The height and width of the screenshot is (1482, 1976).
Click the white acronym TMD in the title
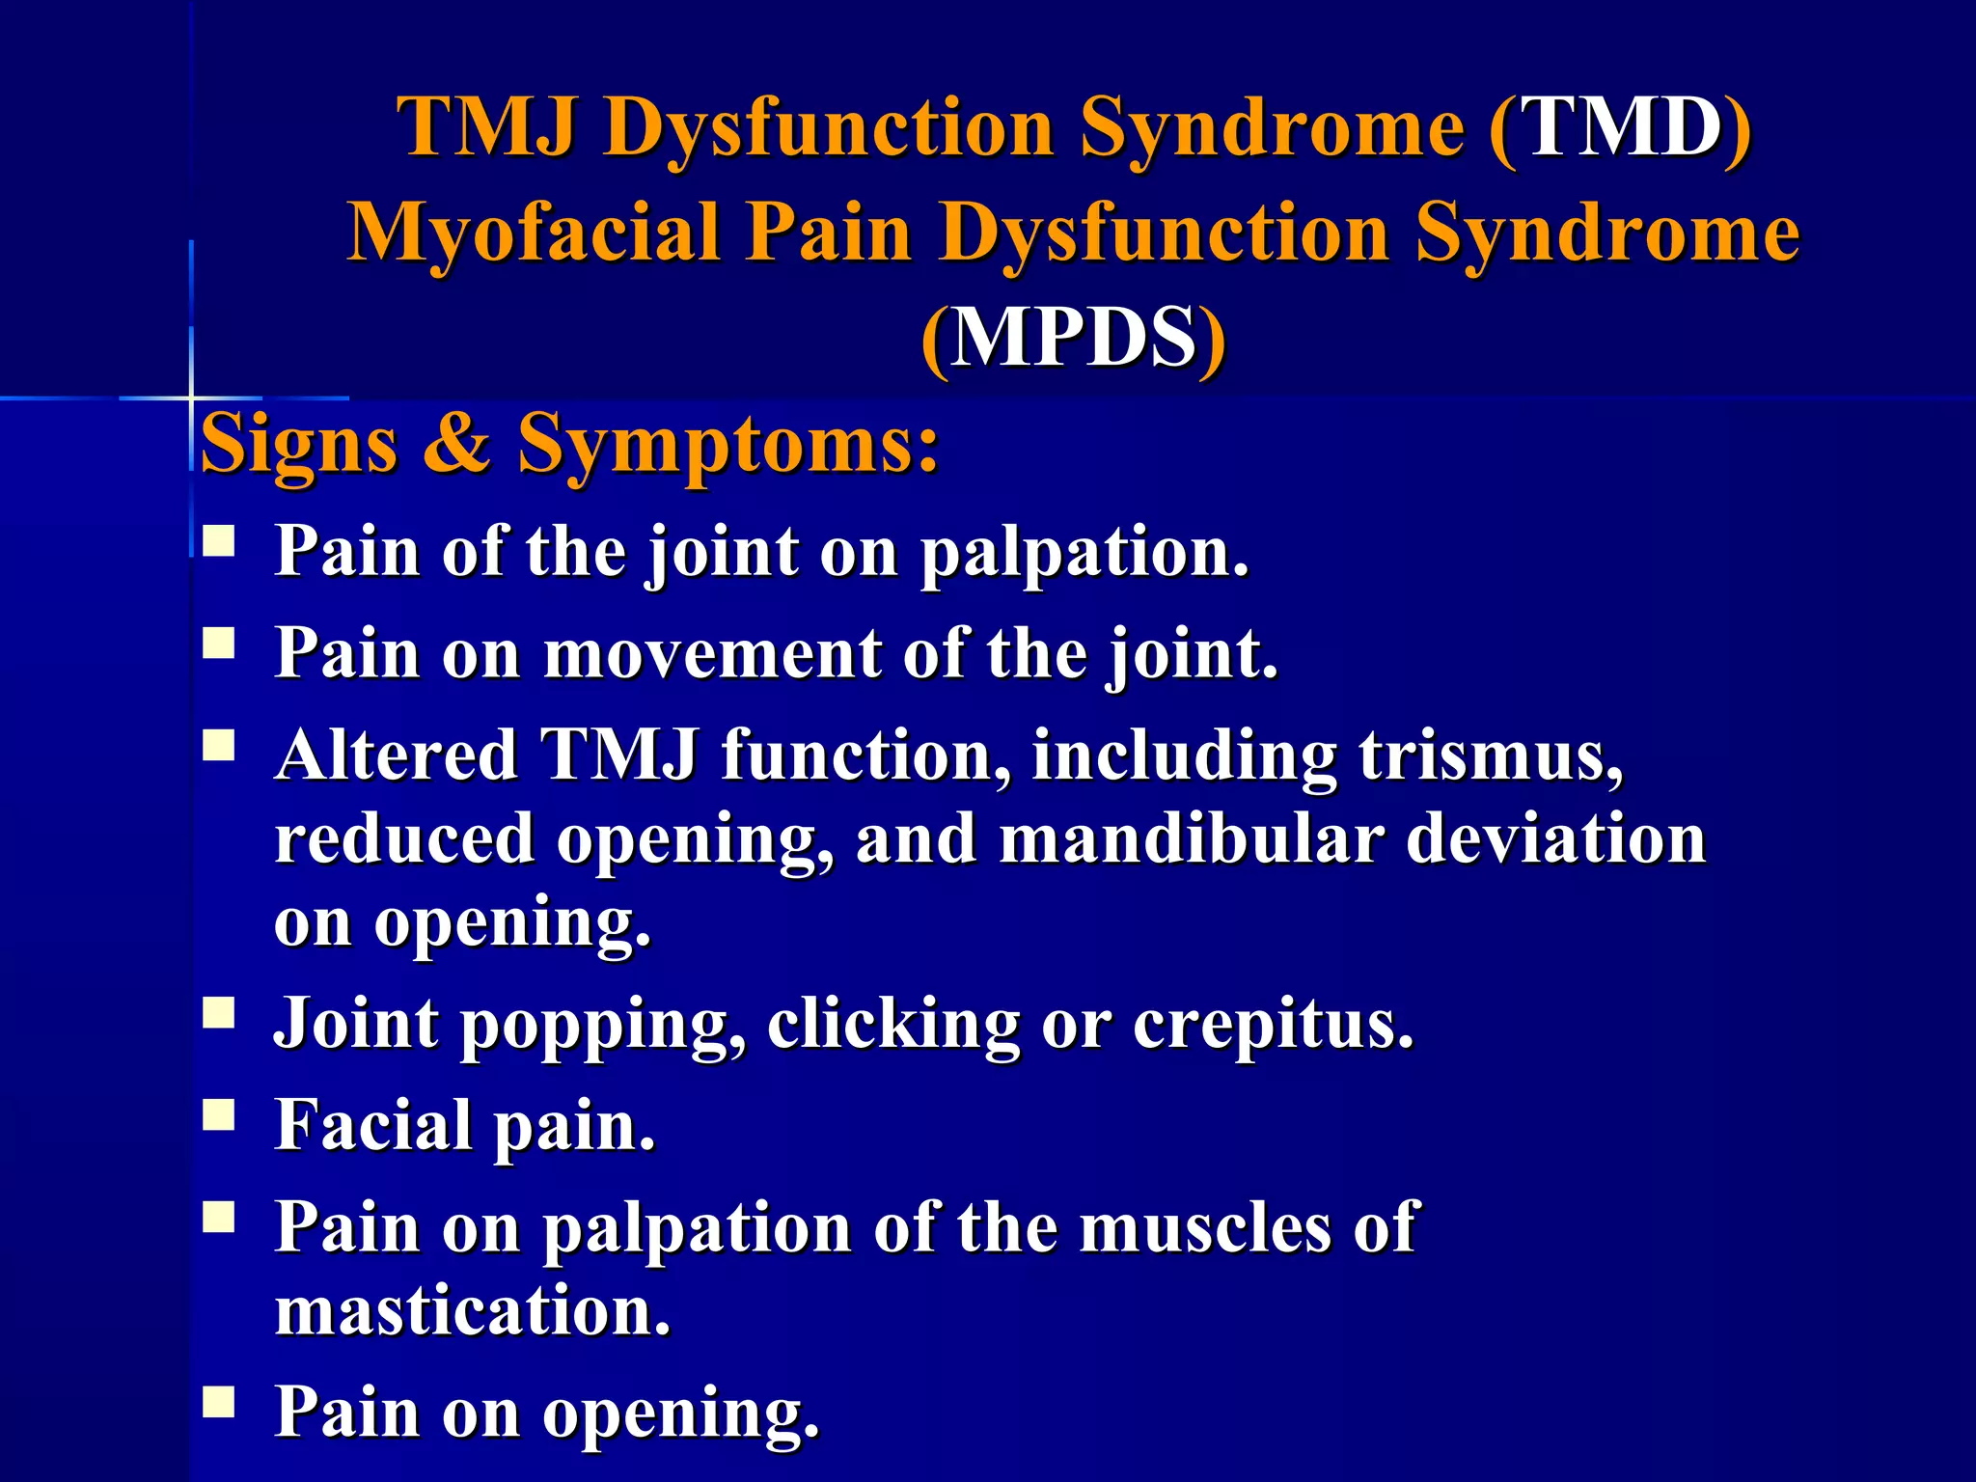coord(1621,128)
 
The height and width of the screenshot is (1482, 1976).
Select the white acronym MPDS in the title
coord(1073,338)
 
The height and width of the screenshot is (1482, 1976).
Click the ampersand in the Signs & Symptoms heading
coord(456,444)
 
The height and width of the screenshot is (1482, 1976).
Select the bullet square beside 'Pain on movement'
coord(219,643)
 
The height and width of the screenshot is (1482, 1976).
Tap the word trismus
coord(1492,755)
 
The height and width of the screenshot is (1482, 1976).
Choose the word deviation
coord(1555,838)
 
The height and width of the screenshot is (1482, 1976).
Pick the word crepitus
coord(1273,1024)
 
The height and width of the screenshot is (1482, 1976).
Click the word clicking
coord(893,1024)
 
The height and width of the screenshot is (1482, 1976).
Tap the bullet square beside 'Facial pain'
coord(219,1115)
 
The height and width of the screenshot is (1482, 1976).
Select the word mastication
coord(472,1311)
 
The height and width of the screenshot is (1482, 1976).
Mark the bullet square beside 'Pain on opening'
coord(219,1401)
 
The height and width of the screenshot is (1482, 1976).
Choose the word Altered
coord(396,755)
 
